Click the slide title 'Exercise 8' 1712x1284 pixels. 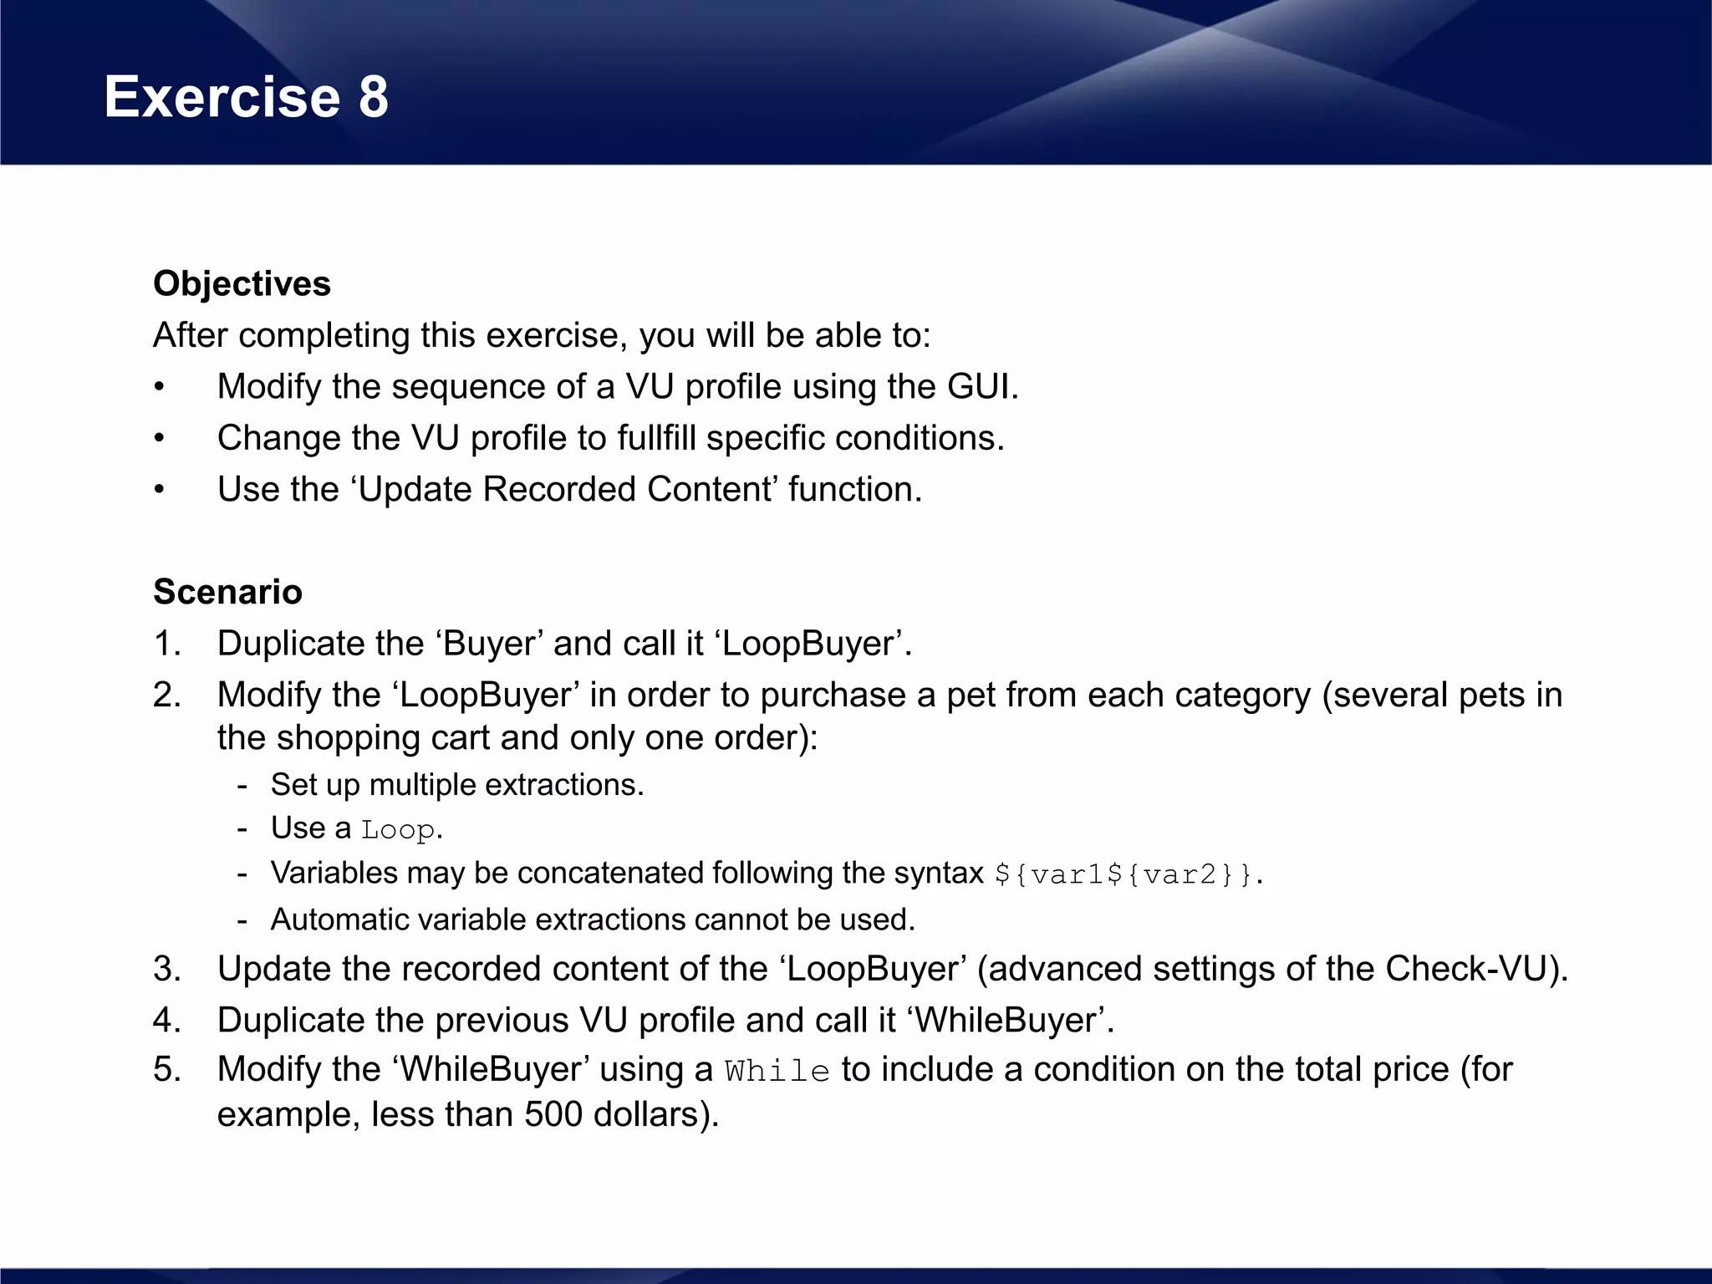coord(246,97)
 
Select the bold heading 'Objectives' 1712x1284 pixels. coord(242,284)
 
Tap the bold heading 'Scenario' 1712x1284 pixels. coord(227,592)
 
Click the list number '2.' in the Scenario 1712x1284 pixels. coord(167,695)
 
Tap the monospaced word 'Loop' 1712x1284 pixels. coord(397,830)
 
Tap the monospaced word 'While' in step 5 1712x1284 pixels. coord(777,1072)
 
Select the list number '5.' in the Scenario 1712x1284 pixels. coord(167,1070)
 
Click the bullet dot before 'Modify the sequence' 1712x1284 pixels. coord(159,388)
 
